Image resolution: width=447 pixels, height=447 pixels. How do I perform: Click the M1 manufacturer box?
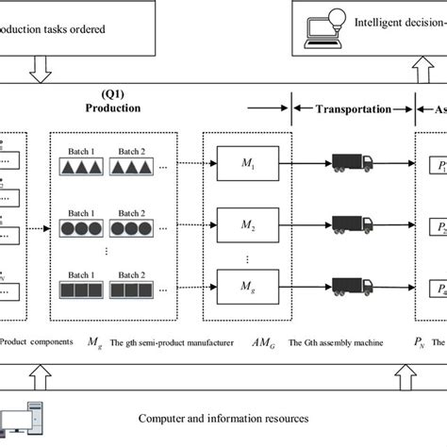[247, 163]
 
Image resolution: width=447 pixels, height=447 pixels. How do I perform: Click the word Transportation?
[353, 108]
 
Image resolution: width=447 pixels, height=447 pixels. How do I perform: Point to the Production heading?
[114, 108]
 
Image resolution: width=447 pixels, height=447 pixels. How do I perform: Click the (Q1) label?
[114, 95]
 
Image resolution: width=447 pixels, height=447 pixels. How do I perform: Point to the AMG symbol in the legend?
[265, 342]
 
